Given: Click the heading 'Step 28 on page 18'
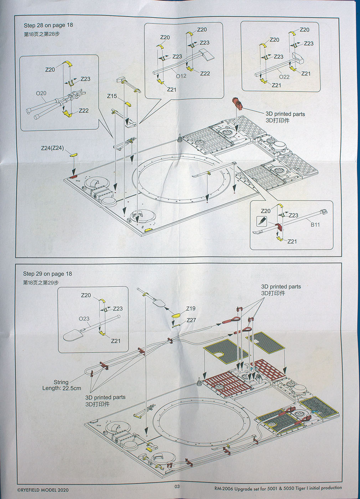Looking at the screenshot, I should (48, 25).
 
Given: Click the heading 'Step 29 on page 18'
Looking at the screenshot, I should (47, 274).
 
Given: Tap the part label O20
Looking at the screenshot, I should (41, 93).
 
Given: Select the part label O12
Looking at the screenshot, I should (181, 76).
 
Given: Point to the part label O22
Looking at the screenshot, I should (284, 77).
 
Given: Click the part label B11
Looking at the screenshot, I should (315, 225).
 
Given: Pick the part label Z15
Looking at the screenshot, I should (112, 96).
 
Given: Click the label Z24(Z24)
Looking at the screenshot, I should (52, 148).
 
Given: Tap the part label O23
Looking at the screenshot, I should (84, 319).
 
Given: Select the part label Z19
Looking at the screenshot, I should (191, 309).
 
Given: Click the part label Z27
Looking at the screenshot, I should (191, 320).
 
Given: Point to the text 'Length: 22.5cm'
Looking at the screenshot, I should (62, 388).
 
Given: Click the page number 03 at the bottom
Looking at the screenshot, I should (177, 487).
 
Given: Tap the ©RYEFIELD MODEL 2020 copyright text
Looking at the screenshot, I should (43, 490).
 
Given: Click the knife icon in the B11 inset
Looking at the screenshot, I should (262, 221).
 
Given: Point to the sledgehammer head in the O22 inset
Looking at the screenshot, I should (298, 58).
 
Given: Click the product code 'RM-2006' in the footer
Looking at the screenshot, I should (224, 489).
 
